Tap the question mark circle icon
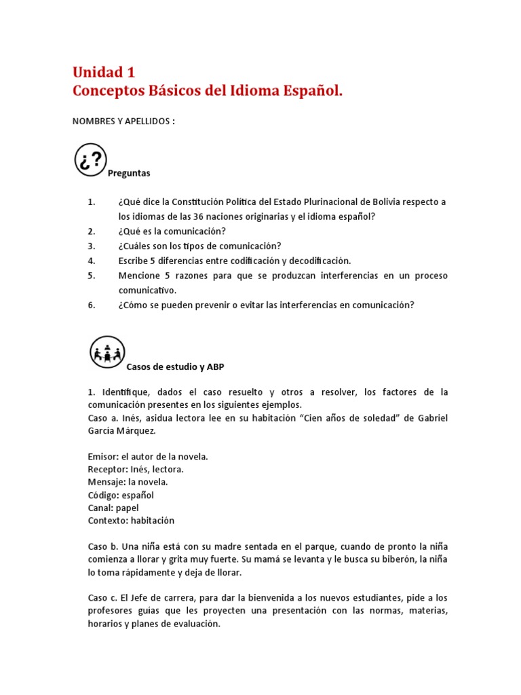click(90, 160)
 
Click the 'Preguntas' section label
click(129, 174)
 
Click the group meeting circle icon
click(107, 353)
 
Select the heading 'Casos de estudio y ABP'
click(175, 367)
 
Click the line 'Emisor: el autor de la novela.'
click(148, 457)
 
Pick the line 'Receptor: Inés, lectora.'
click(136, 470)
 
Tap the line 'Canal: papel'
click(109, 508)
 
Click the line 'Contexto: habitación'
click(131, 521)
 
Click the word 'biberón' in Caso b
click(400, 559)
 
